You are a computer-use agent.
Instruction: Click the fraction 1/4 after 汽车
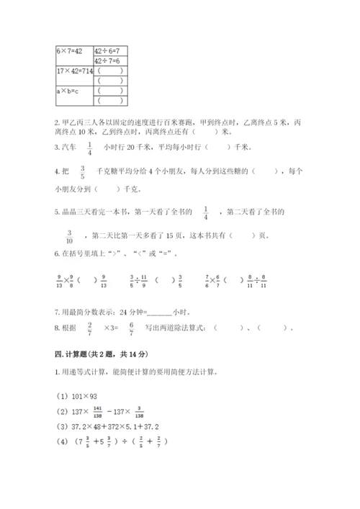click(x=90, y=147)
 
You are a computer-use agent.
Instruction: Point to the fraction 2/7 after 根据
click(x=89, y=328)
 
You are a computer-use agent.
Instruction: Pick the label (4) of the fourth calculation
click(x=63, y=441)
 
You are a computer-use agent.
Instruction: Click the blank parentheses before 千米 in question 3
click(x=217, y=148)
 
